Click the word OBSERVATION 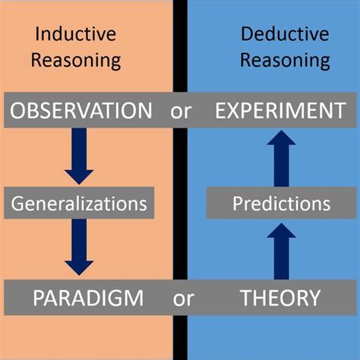pos(80,111)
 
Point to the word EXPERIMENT pos(279,111)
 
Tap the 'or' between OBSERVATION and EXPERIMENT pos(180,111)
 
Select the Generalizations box pos(78,204)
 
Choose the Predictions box pos(282,204)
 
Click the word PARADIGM pos(88,298)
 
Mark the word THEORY pos(280,298)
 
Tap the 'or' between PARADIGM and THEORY pos(183,298)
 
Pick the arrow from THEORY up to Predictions pos(280,251)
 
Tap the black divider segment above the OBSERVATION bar pos(180,46)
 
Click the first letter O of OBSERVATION pos(16,111)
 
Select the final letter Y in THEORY pos(314,298)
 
